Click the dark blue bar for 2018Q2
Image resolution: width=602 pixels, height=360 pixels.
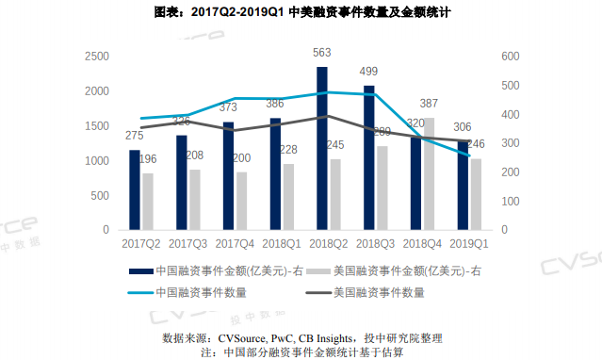click(x=322, y=148)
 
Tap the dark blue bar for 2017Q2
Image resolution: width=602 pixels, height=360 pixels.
click(x=135, y=189)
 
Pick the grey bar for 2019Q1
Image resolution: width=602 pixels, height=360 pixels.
click(x=477, y=194)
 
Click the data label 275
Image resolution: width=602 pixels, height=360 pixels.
click(x=135, y=136)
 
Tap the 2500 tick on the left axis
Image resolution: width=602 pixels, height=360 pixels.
click(x=96, y=57)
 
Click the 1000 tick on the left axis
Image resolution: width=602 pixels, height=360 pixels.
click(x=96, y=161)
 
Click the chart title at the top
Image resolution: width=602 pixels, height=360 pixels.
click(x=301, y=14)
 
